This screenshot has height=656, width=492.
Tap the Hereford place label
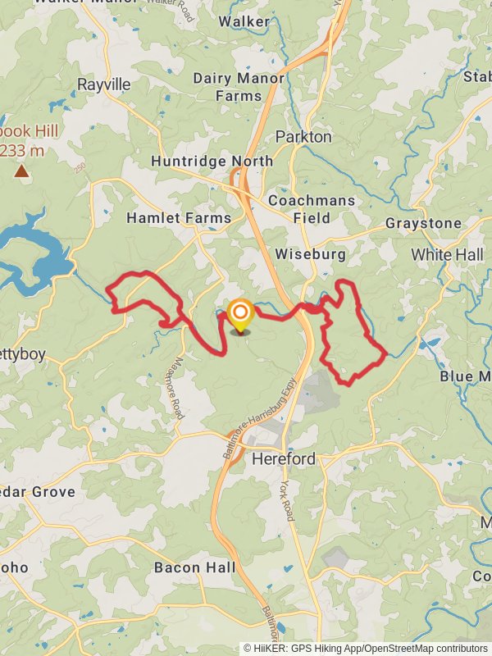tap(284, 458)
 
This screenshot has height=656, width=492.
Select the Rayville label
tap(104, 84)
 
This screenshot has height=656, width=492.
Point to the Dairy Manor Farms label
tap(239, 87)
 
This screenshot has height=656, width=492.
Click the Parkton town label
tap(303, 136)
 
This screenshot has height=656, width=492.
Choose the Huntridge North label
tap(212, 161)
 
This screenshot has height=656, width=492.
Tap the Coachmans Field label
tap(312, 209)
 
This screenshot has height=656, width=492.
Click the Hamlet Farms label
tap(179, 218)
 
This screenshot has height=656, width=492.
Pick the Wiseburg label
tap(311, 254)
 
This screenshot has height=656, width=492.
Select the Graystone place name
tap(423, 223)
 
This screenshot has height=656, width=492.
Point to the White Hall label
tap(447, 255)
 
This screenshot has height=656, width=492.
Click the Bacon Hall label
tap(194, 567)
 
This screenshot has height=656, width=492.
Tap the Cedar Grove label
tap(38, 492)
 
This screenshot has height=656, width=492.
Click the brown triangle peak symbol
tap(20, 171)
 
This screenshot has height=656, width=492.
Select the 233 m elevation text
tap(22, 151)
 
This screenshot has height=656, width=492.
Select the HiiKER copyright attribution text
tap(365, 648)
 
